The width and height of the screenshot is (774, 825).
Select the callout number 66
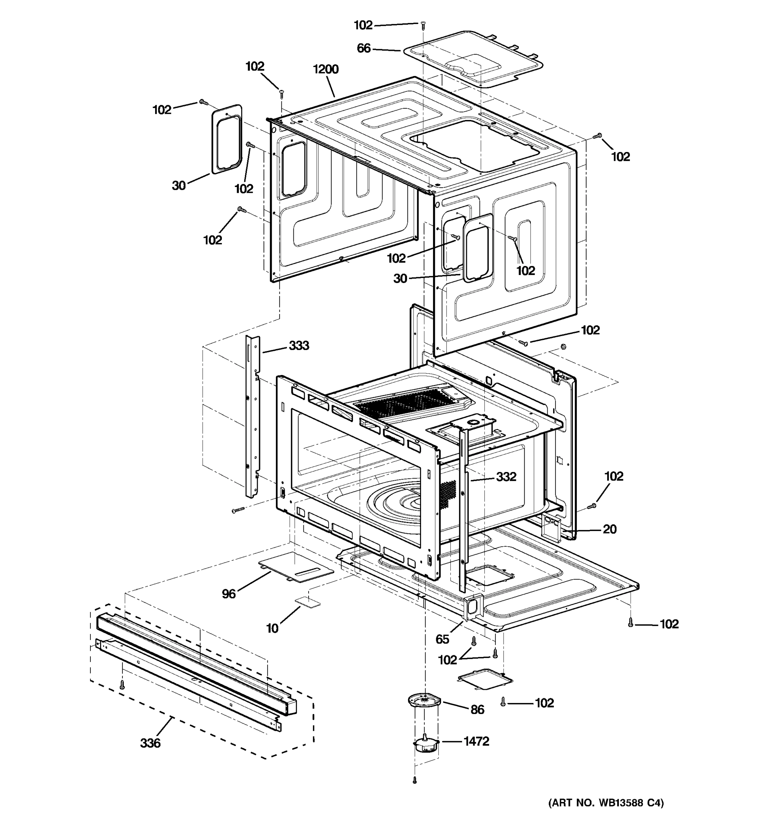coord(363,48)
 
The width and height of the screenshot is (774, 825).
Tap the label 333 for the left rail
coord(299,345)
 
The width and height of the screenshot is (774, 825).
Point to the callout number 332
coord(506,477)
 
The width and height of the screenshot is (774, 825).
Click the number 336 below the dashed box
coord(150,743)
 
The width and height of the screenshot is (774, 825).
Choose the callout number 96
coord(228,594)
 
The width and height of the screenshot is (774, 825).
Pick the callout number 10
coord(272,628)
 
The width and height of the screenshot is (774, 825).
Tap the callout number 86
coord(477,709)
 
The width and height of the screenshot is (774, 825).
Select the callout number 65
coord(442,639)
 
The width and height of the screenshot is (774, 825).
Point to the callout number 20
coord(609,529)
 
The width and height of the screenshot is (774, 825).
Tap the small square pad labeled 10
coord(308,602)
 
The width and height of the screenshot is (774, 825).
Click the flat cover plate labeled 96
coord(295,567)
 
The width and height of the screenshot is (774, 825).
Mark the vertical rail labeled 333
coord(252,415)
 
